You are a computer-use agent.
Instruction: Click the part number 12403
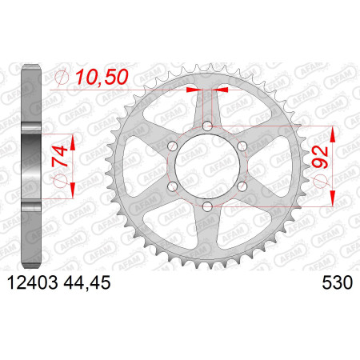point(32,282)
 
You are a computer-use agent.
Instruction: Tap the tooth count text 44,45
point(87,283)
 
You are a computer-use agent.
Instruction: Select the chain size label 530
point(338,282)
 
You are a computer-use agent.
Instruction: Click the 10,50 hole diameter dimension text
point(102,77)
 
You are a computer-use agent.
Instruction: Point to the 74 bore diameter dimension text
point(60,156)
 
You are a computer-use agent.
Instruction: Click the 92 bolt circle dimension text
point(320,158)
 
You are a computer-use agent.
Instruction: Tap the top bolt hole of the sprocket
point(207,126)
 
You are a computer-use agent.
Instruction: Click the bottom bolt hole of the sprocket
point(207,206)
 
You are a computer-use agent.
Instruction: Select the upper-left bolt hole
point(173,146)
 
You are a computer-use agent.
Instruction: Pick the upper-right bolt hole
point(242,146)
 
